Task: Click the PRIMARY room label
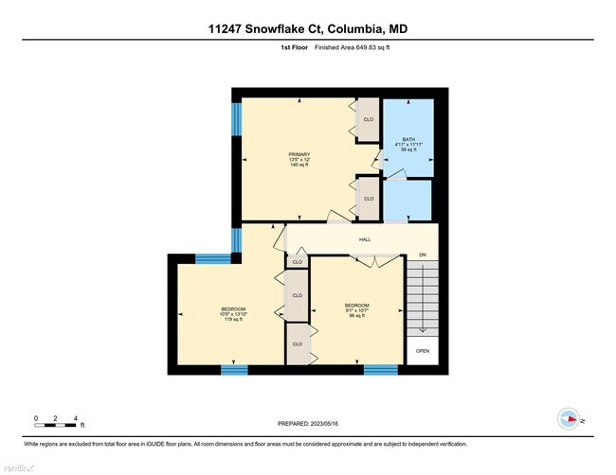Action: [x=299, y=154]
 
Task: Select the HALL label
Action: [x=365, y=239]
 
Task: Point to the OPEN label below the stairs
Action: [x=423, y=351]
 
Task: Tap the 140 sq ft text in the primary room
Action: [x=299, y=166]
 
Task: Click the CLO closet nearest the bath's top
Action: [x=368, y=120]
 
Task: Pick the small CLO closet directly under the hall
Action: [x=297, y=261]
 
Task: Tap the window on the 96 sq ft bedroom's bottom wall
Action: [x=380, y=369]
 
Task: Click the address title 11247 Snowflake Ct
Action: [x=308, y=28]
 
